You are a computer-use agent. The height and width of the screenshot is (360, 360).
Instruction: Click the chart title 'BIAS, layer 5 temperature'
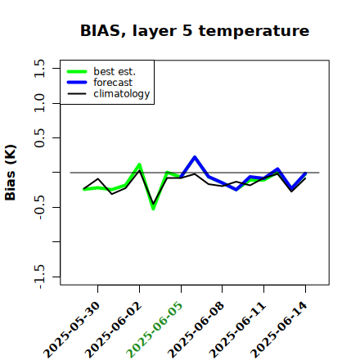click(x=195, y=31)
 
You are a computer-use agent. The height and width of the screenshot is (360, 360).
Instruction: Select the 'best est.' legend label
click(x=115, y=71)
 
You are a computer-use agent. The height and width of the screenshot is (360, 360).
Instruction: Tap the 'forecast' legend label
click(x=113, y=83)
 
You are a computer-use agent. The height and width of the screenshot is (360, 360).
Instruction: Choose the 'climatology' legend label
click(x=122, y=94)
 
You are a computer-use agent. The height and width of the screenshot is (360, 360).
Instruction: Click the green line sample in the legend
click(x=77, y=71)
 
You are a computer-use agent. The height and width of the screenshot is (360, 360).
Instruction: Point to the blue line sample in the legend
click(x=77, y=83)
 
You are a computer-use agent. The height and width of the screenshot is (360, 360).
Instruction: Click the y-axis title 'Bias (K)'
click(x=11, y=173)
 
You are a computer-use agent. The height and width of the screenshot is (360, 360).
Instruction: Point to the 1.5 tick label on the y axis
click(x=39, y=68)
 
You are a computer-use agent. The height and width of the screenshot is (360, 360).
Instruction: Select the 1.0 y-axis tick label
click(x=39, y=103)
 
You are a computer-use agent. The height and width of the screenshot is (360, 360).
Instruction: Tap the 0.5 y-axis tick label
click(x=39, y=138)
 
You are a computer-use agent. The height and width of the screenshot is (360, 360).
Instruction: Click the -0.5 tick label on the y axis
click(x=39, y=207)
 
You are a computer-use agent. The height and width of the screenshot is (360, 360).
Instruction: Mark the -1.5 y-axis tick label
click(x=39, y=277)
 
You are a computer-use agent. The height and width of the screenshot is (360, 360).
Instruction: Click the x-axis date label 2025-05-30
click(x=71, y=330)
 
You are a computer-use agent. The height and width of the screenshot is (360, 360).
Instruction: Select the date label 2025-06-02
click(x=113, y=330)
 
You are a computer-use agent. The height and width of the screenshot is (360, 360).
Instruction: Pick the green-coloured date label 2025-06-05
click(x=155, y=330)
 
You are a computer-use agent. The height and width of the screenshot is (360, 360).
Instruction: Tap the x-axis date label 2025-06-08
click(x=196, y=330)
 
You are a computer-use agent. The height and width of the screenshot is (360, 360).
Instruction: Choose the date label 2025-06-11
click(x=237, y=330)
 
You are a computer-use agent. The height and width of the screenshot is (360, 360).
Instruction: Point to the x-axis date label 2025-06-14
click(x=279, y=330)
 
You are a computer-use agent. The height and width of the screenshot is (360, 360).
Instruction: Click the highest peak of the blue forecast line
click(x=195, y=157)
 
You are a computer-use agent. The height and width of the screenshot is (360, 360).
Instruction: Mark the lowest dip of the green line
click(x=153, y=209)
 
